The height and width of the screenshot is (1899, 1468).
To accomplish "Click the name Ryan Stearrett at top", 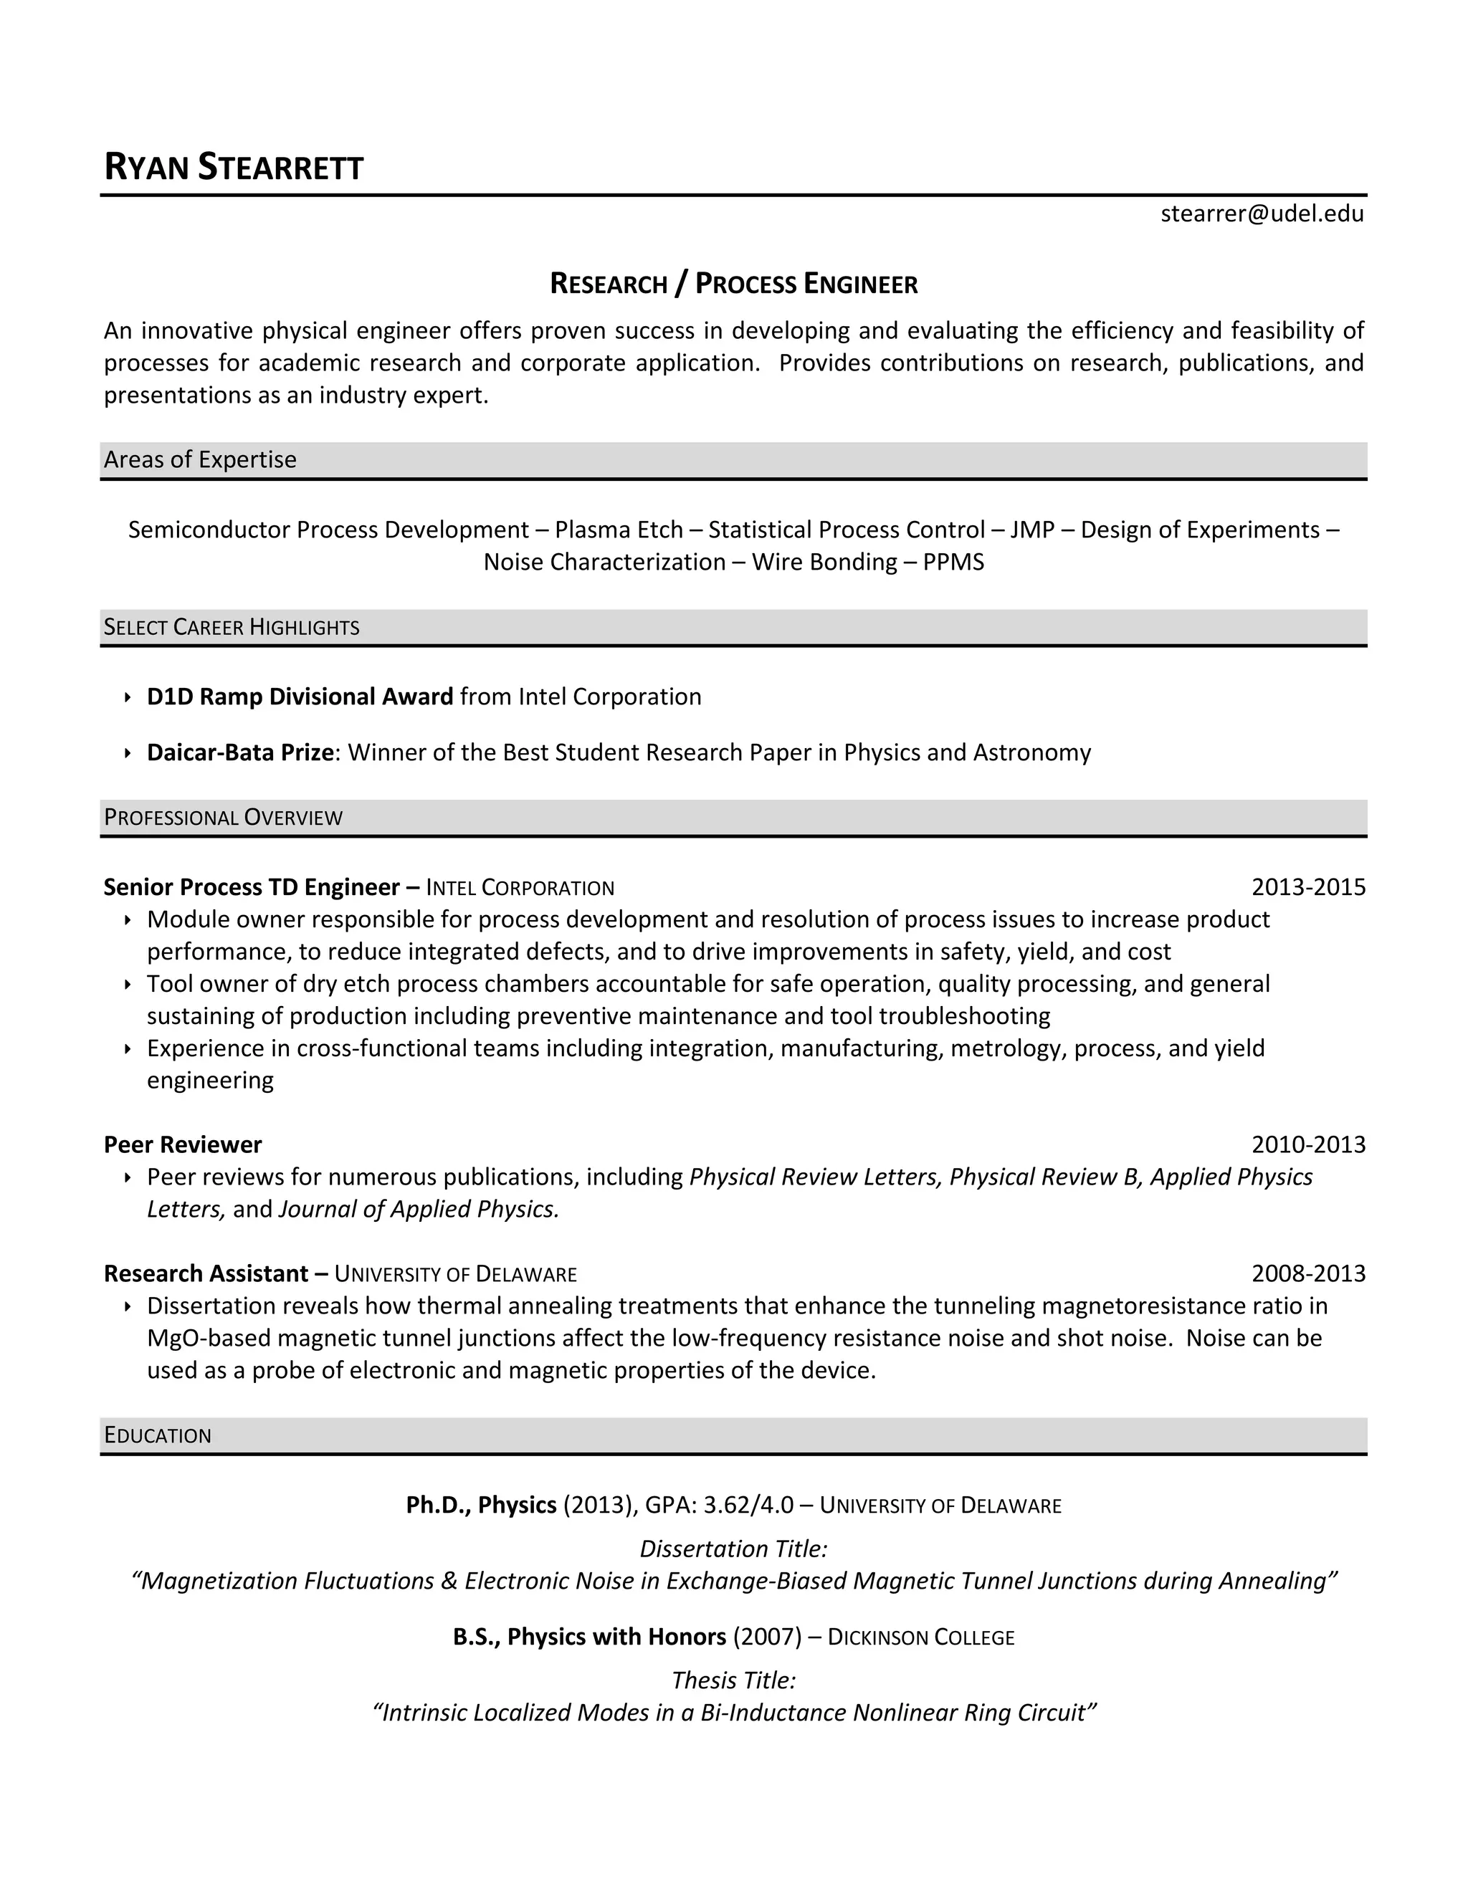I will [x=233, y=167].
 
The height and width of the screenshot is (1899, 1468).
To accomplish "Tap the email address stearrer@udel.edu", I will [x=1261, y=214].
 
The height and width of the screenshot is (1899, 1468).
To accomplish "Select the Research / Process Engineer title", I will [x=733, y=284].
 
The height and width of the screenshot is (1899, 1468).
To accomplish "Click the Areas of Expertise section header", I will [x=200, y=459].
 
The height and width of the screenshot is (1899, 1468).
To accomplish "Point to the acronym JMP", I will [x=1032, y=530].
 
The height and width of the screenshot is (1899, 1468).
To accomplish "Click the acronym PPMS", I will [x=953, y=562].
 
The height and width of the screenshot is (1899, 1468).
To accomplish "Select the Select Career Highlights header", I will [x=232, y=627].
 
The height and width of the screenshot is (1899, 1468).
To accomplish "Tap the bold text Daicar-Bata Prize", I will [x=240, y=752].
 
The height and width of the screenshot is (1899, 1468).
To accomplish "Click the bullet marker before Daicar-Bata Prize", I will [x=127, y=753].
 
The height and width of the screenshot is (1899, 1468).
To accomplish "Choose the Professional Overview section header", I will [x=223, y=818].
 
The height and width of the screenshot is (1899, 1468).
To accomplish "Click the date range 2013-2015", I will [x=1308, y=887].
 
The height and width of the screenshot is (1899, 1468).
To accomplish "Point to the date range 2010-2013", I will [x=1308, y=1144].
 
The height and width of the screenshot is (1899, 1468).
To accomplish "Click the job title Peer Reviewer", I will [x=183, y=1144].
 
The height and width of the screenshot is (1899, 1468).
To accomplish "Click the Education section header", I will [x=158, y=1435].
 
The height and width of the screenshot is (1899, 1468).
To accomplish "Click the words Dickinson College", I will [x=920, y=1637].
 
